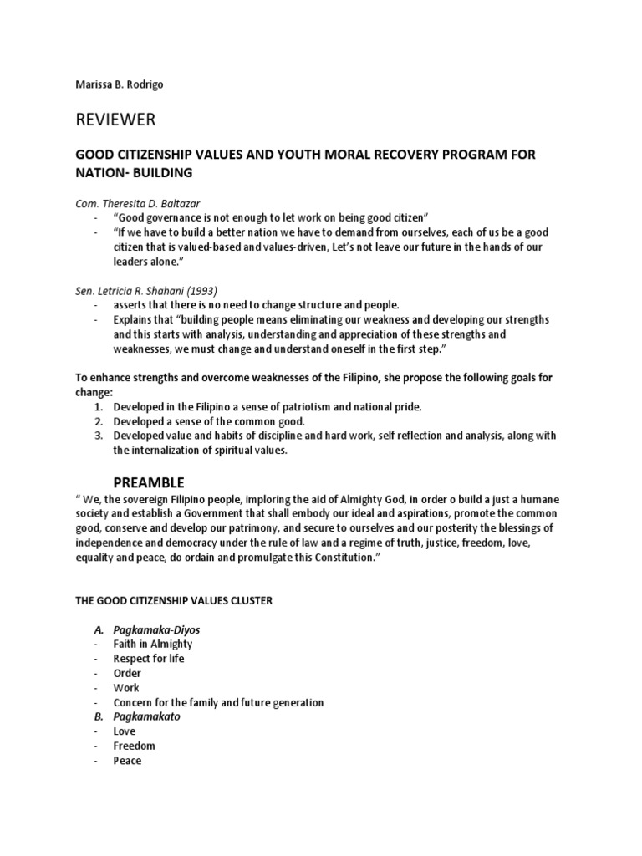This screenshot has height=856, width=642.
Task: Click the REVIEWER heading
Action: tap(115, 120)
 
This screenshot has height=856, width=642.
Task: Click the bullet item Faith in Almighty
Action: tap(153, 644)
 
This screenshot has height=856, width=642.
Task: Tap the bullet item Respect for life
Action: tap(149, 659)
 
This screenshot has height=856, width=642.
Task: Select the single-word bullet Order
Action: tap(127, 673)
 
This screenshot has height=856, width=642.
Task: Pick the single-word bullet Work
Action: tap(126, 687)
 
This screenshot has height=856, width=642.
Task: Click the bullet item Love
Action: tap(125, 731)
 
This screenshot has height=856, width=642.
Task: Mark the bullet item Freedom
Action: tap(134, 746)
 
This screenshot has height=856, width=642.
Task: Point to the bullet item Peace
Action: tap(127, 761)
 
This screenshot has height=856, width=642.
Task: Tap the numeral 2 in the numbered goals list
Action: tap(98, 421)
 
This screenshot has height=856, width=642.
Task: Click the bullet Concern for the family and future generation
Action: tap(218, 702)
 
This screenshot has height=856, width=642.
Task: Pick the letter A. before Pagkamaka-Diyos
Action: tap(98, 629)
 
